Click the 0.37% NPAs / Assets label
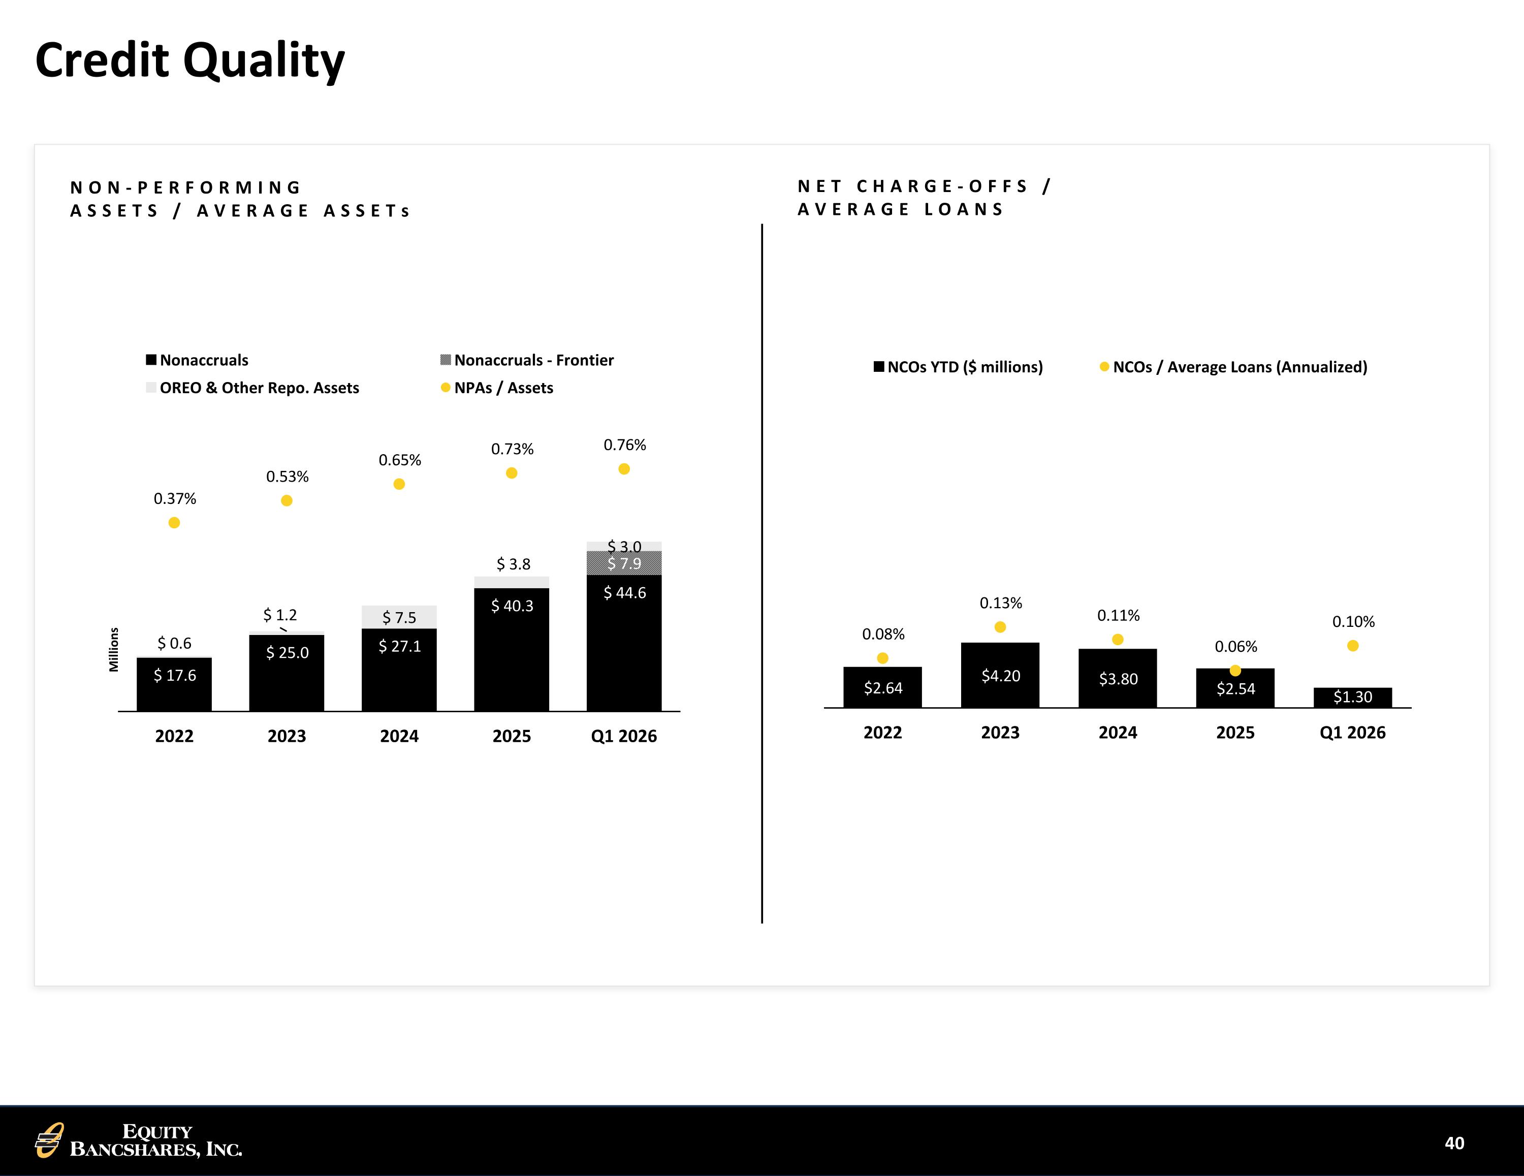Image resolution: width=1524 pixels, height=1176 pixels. [x=174, y=498]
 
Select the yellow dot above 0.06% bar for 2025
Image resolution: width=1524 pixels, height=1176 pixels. [x=1235, y=671]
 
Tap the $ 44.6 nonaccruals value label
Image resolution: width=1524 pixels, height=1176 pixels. [x=624, y=592]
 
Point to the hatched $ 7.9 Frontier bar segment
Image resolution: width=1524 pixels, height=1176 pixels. [x=624, y=563]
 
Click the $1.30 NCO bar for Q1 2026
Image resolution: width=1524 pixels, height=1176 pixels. [x=1352, y=697]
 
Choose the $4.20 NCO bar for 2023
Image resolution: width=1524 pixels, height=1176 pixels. [x=1000, y=675]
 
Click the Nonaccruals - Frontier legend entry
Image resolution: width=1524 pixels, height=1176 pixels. [x=527, y=360]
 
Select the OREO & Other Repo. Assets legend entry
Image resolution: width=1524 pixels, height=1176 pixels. [x=252, y=388]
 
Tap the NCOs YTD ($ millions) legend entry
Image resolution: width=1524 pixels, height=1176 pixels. [x=958, y=367]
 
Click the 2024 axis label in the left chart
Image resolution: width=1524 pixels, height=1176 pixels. [x=399, y=736]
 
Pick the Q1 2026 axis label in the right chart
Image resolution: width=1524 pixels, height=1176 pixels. [x=1352, y=733]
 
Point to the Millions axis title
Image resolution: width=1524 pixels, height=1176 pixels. [x=114, y=650]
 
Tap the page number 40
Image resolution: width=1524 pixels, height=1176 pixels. [x=1454, y=1142]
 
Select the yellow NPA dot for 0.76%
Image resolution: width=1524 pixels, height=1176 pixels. [x=624, y=469]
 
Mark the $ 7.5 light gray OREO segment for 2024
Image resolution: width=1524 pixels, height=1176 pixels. [x=399, y=617]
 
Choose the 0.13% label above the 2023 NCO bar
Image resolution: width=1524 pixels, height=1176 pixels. [x=1001, y=603]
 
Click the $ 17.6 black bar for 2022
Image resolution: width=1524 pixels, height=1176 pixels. [x=174, y=684]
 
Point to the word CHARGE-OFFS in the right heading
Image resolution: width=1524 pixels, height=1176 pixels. [x=942, y=186]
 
